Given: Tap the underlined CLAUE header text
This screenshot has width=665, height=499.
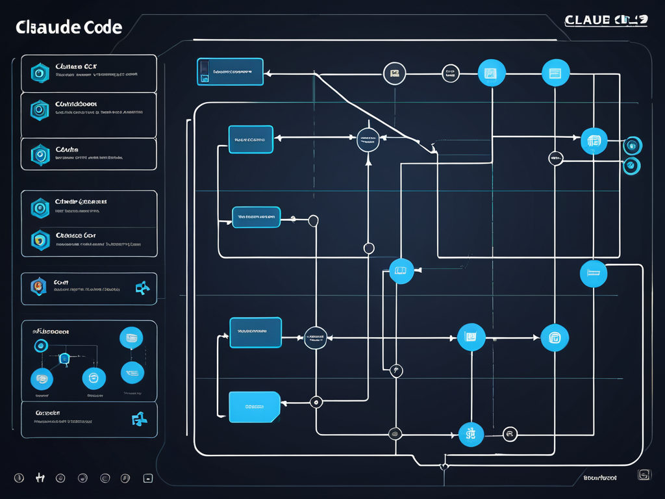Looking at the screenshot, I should tap(588, 20).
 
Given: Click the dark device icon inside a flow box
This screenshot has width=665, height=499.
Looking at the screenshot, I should tap(205, 72).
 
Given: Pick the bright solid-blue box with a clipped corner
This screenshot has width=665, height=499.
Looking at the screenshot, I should tap(254, 407).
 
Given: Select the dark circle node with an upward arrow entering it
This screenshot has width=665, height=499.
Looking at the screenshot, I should tap(368, 139).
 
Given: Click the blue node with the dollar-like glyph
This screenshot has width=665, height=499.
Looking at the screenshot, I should tap(471, 433).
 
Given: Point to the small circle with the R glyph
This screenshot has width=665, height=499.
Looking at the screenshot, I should tap(510, 434).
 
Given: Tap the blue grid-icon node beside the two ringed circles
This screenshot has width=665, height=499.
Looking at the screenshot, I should tap(594, 141).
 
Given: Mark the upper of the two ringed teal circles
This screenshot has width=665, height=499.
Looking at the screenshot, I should tap(632, 145).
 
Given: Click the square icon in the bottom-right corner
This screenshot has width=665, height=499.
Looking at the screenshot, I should tap(644, 475).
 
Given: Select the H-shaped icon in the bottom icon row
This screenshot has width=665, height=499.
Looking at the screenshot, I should tap(39, 478).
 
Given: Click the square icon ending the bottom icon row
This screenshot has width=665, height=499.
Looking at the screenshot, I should tap(147, 478).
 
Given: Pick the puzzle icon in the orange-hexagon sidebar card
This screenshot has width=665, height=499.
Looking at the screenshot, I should tap(142, 288).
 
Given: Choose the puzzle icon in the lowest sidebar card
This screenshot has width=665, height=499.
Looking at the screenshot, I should tap(139, 419).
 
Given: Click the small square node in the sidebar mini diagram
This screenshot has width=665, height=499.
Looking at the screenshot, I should tap(64, 358).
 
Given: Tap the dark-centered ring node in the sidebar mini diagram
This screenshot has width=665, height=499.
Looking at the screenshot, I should tap(40, 346).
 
